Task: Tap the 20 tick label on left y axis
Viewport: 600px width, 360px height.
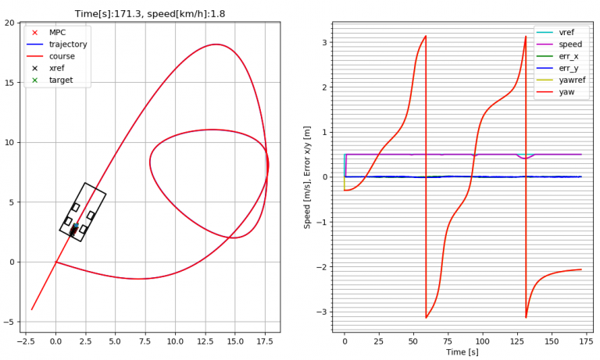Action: click(10, 23)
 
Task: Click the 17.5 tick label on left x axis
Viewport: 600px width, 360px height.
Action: click(265, 341)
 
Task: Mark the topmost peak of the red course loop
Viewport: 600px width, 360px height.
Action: click(216, 45)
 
